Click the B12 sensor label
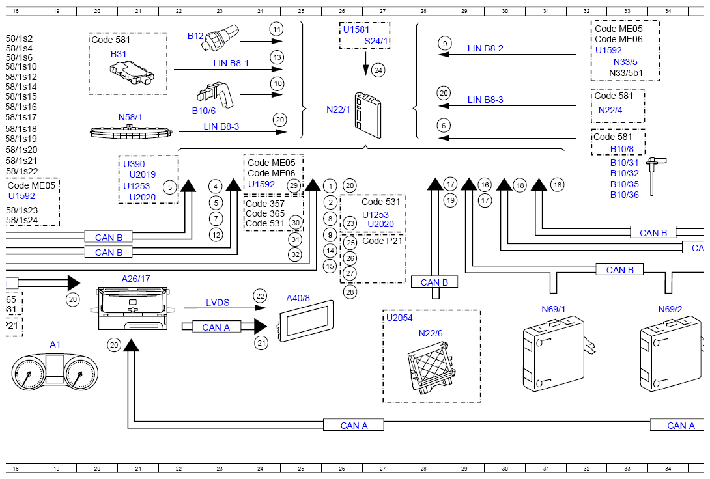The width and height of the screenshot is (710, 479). [195, 36]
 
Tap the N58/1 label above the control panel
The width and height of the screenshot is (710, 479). [130, 117]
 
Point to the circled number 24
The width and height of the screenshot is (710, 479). [378, 70]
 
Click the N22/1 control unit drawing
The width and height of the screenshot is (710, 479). [368, 115]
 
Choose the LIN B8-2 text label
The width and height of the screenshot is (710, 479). [485, 48]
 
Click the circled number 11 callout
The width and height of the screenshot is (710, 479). [276, 29]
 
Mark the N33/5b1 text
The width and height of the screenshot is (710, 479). [626, 73]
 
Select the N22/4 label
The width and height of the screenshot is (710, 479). [610, 110]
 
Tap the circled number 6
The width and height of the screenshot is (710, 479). [444, 126]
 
